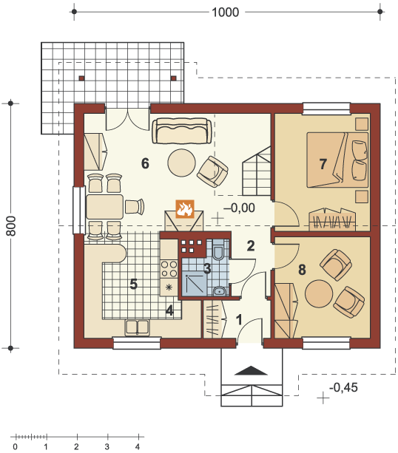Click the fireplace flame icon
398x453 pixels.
coord(185,208)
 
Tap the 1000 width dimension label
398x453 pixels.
coord(226,12)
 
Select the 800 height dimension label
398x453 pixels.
coord(11,225)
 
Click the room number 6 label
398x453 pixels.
coord(145,163)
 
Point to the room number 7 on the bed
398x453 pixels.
coord(323,164)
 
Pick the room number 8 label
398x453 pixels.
coord(302,270)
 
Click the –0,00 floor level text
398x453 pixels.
coord(239,208)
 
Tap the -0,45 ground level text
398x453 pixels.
coord(343,387)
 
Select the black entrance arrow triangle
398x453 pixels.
coord(251,371)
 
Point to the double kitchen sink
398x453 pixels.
coord(137,327)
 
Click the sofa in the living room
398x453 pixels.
coord(182,131)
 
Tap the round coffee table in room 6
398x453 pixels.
coord(182,163)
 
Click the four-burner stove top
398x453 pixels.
coord(169,269)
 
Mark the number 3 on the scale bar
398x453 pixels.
coord(107,446)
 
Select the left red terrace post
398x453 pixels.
coord(82,78)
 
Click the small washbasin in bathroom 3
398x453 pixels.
coord(219,291)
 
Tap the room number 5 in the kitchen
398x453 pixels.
coord(133,284)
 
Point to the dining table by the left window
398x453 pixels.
coord(105,207)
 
